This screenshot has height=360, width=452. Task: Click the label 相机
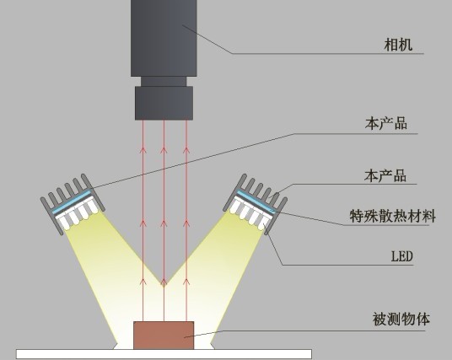[x=398, y=45]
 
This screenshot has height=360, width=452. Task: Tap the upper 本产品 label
[x=386, y=123]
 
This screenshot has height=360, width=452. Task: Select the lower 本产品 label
[x=385, y=175]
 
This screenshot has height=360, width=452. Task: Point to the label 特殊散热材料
[x=392, y=216]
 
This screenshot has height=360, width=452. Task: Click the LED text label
[x=402, y=256]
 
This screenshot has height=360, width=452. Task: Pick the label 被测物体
[x=401, y=319]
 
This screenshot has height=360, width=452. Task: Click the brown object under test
[x=164, y=336]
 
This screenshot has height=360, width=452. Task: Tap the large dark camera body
[x=164, y=38]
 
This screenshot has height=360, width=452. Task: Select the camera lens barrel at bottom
[x=164, y=103]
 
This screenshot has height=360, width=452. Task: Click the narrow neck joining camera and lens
[x=164, y=82]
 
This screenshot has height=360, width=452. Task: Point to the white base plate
[x=164, y=354]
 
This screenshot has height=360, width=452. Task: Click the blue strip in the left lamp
[x=72, y=201]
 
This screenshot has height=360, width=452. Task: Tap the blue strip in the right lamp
[x=256, y=201]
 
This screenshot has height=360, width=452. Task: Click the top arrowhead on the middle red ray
[x=164, y=150]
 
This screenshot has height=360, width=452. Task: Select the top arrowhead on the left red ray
[x=143, y=150]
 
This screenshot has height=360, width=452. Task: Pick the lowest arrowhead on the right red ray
[x=186, y=282]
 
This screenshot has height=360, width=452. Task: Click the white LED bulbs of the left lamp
[x=77, y=213]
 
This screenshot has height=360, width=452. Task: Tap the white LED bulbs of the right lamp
[x=250, y=213]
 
